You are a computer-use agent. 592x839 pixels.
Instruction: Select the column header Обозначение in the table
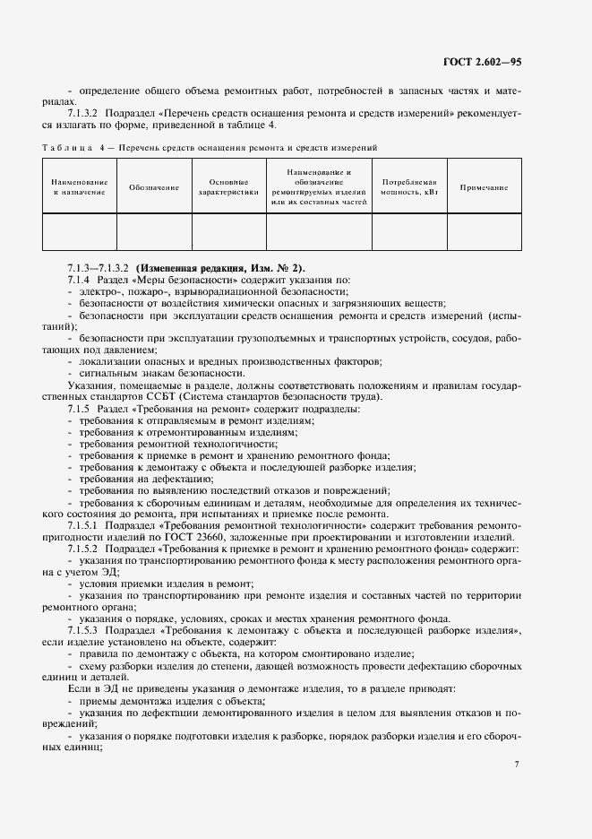[x=154, y=187]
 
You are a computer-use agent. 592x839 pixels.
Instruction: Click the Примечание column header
[x=484, y=187]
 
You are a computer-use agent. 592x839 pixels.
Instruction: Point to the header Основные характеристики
[x=227, y=187]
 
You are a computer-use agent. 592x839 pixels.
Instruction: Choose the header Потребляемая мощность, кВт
[x=408, y=187]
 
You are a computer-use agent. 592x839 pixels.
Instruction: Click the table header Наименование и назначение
[x=80, y=187]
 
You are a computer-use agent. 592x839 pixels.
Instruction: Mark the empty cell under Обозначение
[x=154, y=230]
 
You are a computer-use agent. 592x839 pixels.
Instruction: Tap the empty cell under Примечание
[x=484, y=230]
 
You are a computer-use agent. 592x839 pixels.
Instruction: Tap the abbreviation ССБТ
[x=191, y=397]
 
